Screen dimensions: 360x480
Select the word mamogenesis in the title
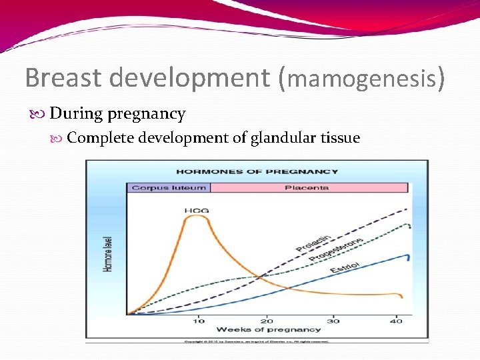pos(363,79)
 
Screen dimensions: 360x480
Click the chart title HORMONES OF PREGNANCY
pos(257,171)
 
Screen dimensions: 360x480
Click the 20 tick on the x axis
pos(266,321)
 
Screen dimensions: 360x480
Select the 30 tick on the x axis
pos(333,321)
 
